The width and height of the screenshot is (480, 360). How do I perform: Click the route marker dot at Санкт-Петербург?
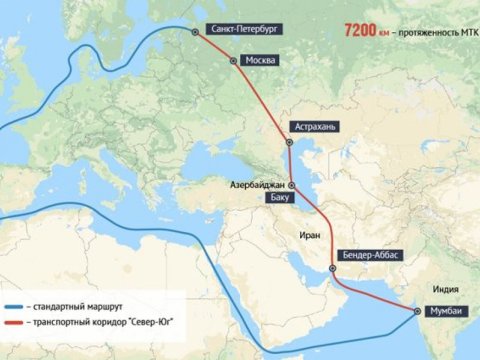pos(196,30)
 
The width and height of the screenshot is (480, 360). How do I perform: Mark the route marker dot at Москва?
pos(235,61)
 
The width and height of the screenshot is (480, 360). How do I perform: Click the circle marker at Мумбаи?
pos(416,311)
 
